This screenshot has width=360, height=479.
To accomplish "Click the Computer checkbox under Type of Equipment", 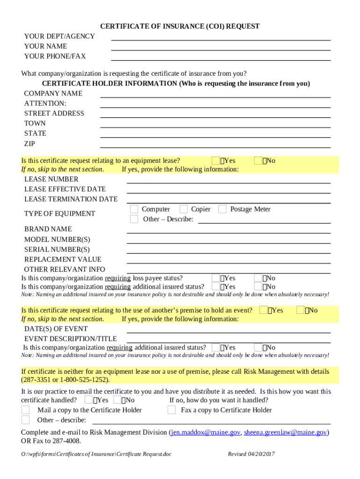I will coord(134,209).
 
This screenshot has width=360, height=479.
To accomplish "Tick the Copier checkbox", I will coord(184,209).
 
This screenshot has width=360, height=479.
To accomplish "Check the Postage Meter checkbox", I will coord(223,209).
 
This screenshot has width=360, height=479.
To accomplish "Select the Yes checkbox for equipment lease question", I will coord(216,160).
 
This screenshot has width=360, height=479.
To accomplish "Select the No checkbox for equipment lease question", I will coord(258,160).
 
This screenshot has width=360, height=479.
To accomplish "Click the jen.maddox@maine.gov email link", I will coord(205,433).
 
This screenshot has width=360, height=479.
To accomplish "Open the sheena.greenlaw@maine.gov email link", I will coord(285,433).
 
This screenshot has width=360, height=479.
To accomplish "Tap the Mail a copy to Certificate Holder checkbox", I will coord(26,410).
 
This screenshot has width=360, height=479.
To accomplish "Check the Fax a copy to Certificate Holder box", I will coord(172,410).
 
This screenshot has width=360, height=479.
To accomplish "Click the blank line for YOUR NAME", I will coord(221,47).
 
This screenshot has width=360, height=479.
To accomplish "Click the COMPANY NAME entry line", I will coord(215,94).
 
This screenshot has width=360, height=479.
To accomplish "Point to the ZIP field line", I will coord(215,145).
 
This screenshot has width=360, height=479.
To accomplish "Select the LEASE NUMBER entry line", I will coord(229,180).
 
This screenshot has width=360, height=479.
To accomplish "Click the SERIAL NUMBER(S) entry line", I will coord(229,250).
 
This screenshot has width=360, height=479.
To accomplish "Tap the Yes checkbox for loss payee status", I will coord(216,278).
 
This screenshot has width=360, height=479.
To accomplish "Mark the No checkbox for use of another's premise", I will coord(301,310).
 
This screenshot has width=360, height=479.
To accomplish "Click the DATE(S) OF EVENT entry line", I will coord(229,329).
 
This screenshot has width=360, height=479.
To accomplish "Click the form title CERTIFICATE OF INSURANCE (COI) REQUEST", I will coord(180,27).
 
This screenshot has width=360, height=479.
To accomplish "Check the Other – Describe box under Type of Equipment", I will coord(134,219).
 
